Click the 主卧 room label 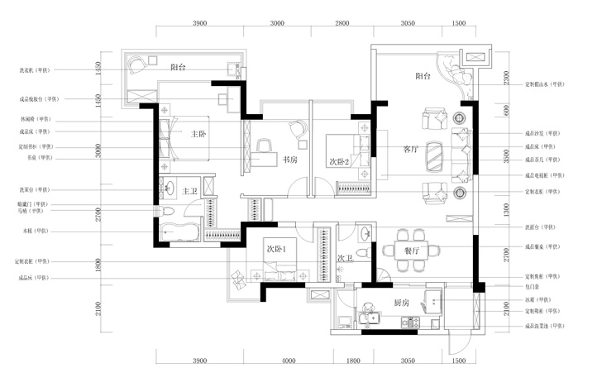[x=198, y=134]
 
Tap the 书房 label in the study [x=290, y=160]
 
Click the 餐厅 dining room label [x=413, y=250]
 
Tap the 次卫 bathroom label [x=346, y=259]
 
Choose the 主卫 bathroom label [x=190, y=192]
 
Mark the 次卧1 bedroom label [x=276, y=249]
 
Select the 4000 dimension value [x=289, y=361]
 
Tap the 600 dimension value [x=506, y=110]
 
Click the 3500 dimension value [x=506, y=155]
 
